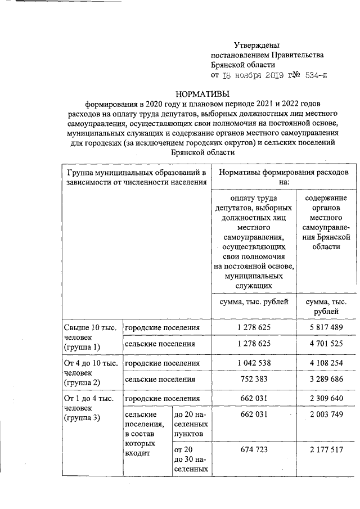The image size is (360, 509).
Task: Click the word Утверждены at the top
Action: point(256,45)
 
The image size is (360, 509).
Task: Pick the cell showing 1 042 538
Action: point(254,363)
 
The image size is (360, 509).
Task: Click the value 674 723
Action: point(254,449)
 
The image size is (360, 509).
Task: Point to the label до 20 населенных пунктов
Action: point(190,425)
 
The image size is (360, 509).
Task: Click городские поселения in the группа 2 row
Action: point(162,363)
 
